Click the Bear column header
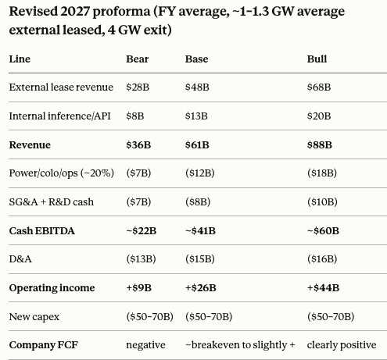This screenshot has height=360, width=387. pyautogui.click(x=138, y=59)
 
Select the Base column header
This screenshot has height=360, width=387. pyautogui.click(x=196, y=59)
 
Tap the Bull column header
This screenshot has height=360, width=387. pyautogui.click(x=317, y=59)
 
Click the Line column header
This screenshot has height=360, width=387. pyautogui.click(x=20, y=59)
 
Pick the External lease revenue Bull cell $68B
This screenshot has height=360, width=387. pyautogui.click(x=319, y=87)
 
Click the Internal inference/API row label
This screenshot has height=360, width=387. pyautogui.click(x=60, y=116)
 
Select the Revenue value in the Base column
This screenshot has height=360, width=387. pyautogui.click(x=197, y=144)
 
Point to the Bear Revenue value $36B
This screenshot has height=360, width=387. pyautogui.click(x=138, y=144)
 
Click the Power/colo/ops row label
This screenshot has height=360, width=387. pyautogui.click(x=62, y=173)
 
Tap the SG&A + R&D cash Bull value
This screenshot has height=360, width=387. pyautogui.click(x=322, y=201)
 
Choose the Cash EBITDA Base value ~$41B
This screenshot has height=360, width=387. pyautogui.click(x=200, y=230)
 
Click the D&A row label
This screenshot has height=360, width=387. pyautogui.click(x=20, y=259)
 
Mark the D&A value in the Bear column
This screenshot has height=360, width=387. pyautogui.click(x=141, y=259)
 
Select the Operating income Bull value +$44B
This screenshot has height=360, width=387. pyautogui.click(x=323, y=287)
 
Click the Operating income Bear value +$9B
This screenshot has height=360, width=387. pyautogui.click(x=138, y=287)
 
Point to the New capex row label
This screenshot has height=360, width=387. pyautogui.click(x=34, y=317)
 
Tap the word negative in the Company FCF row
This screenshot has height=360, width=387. pyautogui.click(x=145, y=345)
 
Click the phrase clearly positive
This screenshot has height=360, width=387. pyautogui.click(x=342, y=345)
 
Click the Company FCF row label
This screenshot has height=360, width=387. pyautogui.click(x=44, y=345)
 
